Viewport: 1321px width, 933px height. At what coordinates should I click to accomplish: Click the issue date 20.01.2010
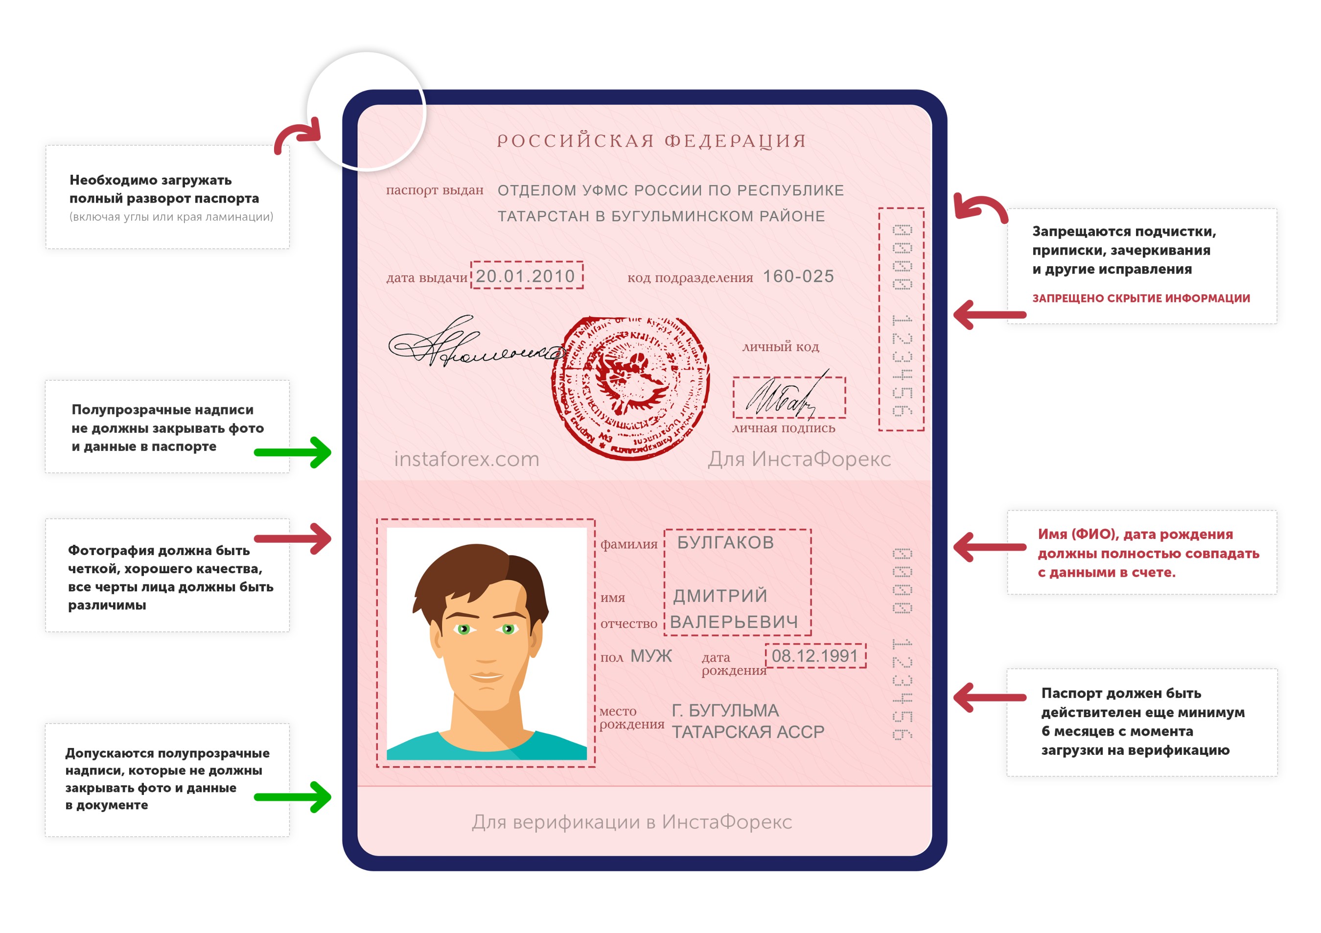click(525, 276)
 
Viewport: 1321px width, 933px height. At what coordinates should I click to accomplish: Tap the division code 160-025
click(798, 276)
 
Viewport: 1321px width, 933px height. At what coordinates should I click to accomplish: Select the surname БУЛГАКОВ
click(725, 542)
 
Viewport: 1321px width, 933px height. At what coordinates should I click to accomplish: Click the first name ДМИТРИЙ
click(720, 595)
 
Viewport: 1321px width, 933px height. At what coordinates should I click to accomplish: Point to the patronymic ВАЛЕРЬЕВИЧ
click(734, 622)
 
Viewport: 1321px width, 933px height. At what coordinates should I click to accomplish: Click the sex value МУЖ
click(651, 655)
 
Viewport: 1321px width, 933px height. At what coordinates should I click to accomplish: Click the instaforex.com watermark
click(466, 459)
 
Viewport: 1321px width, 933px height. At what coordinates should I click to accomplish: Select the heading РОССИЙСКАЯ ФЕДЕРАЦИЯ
click(651, 141)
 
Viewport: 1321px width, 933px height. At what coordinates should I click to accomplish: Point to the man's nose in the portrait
click(486, 651)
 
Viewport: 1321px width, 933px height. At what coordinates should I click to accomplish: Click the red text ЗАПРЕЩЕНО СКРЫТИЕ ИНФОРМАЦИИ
click(1140, 298)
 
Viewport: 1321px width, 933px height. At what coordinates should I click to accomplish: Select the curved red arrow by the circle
click(296, 136)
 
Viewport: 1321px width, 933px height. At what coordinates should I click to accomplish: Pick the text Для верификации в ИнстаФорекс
click(632, 821)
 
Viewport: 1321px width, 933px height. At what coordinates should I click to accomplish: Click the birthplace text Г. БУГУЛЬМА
click(725, 710)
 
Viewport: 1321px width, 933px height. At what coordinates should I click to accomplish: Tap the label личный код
click(780, 347)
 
